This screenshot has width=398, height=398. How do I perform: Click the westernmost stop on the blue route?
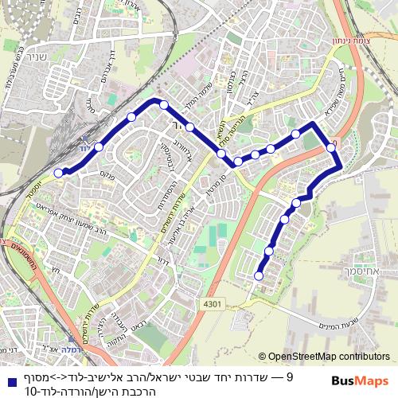57,172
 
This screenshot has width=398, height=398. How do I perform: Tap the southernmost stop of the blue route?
258,276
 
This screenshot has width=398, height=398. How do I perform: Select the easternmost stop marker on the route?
331,147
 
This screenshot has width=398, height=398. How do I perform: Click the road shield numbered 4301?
212,303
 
